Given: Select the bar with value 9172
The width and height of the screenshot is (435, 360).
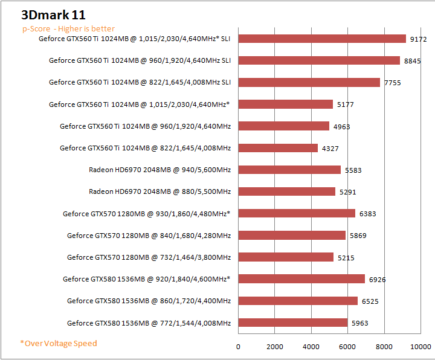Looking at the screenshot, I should click(322, 39).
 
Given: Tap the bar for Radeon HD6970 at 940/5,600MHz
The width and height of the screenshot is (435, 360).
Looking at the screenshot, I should click(289, 170).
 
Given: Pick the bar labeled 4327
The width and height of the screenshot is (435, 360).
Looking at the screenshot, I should click(278, 148).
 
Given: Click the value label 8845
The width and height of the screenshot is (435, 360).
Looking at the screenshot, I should click(412, 61).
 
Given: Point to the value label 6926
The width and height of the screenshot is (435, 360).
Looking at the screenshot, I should click(377, 279).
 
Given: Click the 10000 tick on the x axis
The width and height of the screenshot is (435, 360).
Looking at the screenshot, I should click(420, 347).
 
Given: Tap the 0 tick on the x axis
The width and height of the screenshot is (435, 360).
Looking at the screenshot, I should click(239, 347).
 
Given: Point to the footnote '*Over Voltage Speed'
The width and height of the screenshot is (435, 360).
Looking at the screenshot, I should click(58, 343).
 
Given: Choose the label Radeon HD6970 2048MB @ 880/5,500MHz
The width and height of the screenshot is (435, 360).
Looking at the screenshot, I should click(159, 191).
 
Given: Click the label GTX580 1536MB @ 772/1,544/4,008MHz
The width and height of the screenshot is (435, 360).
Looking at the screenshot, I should click(149, 323).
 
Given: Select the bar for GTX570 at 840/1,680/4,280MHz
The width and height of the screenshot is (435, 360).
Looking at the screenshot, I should click(292, 235).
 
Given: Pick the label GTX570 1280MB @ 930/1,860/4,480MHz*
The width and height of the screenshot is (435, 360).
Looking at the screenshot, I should click(147, 213).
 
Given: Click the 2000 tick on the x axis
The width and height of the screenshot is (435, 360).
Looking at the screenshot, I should click(275, 347).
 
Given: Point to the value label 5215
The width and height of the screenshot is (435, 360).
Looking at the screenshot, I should click(346, 257).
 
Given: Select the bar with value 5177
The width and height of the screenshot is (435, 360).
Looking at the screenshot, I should click(286, 104).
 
